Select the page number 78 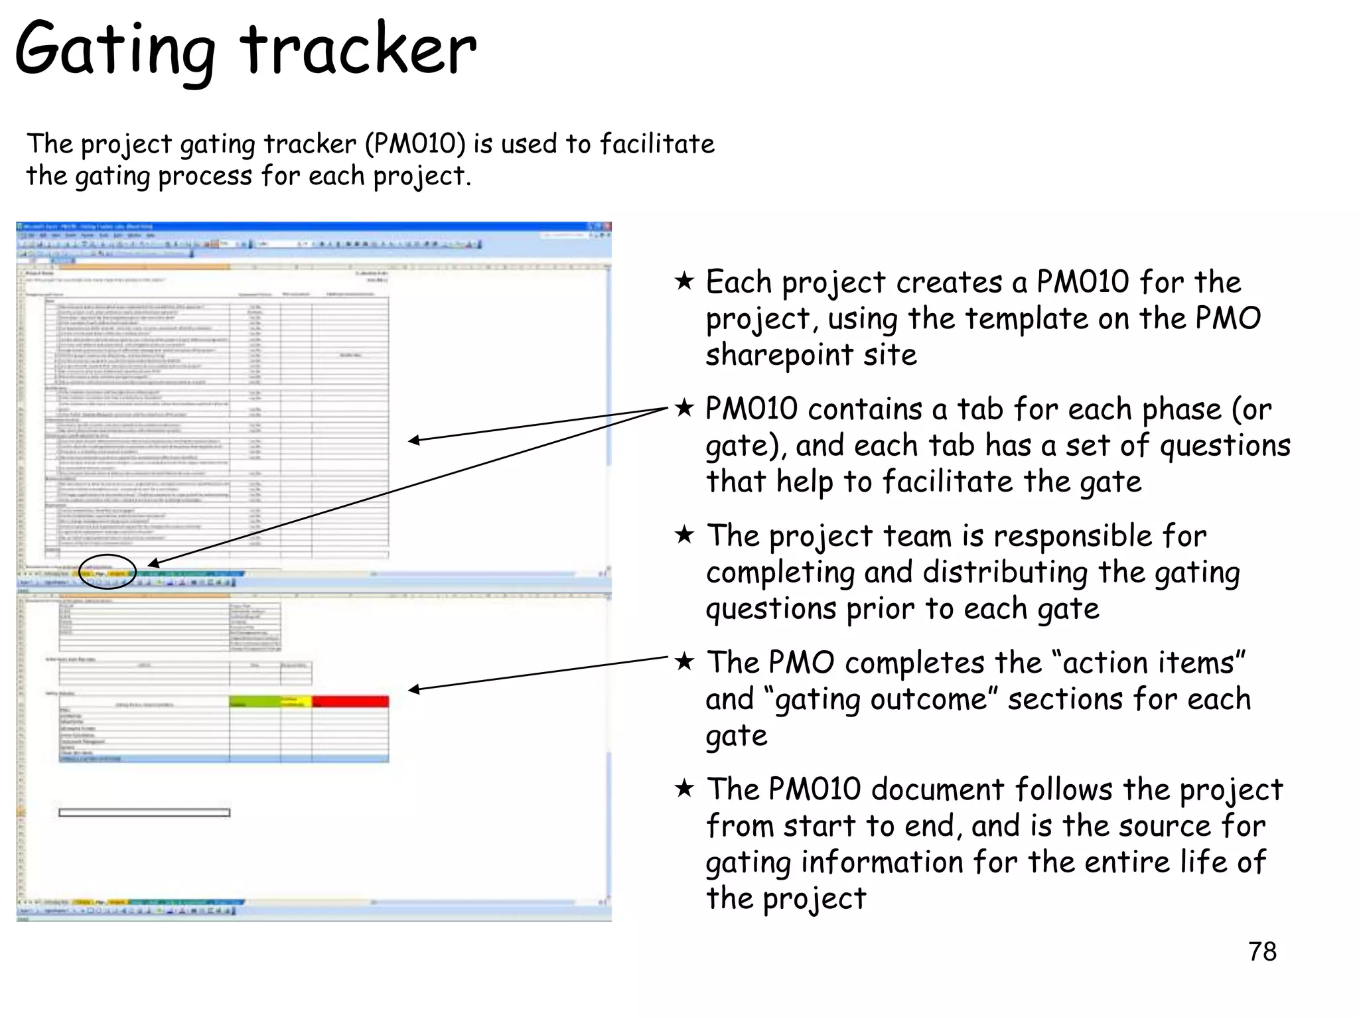[1262, 952]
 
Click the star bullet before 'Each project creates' [684, 281]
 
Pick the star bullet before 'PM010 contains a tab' [684, 408]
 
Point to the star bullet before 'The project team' [684, 535]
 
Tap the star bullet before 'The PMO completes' [684, 661]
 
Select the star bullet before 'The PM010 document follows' [684, 788]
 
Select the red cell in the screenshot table [350, 701]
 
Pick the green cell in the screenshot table [255, 701]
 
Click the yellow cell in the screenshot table [296, 701]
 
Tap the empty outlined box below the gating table [144, 813]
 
